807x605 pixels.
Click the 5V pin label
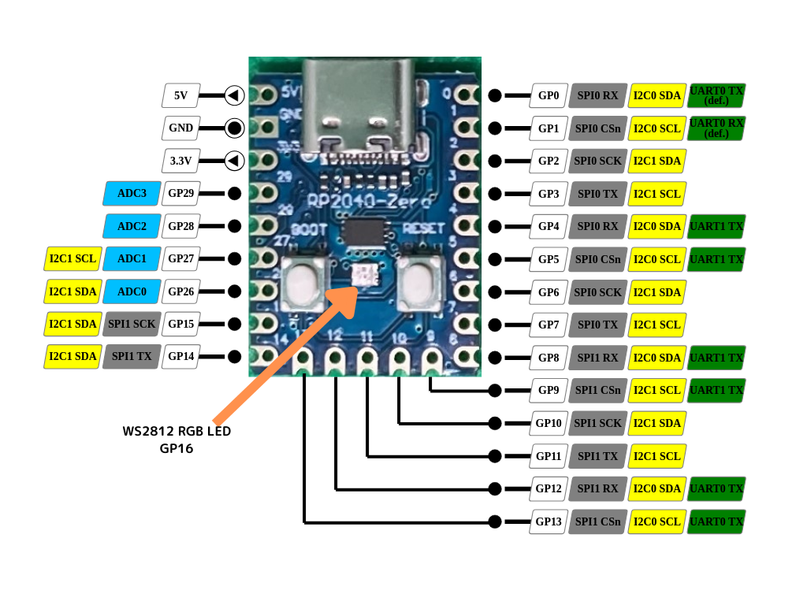point(180,95)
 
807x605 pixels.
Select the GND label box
point(180,128)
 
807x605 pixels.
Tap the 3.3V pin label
point(180,161)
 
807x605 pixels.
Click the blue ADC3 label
point(132,193)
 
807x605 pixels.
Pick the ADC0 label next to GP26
point(132,291)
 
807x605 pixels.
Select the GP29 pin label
point(180,193)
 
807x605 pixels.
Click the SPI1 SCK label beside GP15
point(132,324)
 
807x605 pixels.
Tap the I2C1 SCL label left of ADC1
point(73,258)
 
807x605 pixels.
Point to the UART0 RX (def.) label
point(716,128)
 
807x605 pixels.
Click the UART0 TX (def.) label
point(716,95)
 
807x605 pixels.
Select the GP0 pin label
point(549,95)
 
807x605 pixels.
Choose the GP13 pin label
point(549,521)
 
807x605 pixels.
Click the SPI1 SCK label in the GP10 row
point(597,423)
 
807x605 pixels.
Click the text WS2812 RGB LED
point(177,432)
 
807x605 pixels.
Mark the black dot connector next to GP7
point(495,325)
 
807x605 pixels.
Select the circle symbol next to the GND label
point(234,128)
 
